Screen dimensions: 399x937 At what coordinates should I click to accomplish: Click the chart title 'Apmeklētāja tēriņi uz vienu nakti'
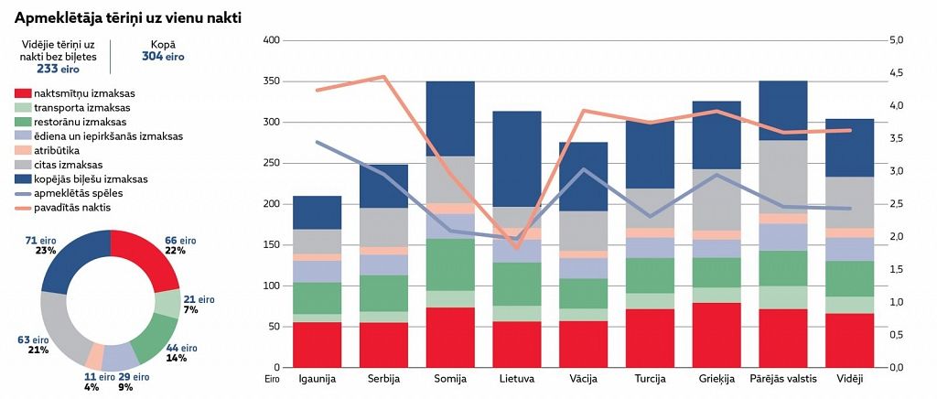(128, 17)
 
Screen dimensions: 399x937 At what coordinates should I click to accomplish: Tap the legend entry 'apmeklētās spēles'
(77, 193)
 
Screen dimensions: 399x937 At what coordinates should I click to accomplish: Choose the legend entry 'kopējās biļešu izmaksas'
(92, 179)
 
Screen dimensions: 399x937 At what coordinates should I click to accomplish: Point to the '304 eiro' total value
(163, 56)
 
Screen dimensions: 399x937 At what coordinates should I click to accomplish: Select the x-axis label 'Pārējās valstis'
(782, 378)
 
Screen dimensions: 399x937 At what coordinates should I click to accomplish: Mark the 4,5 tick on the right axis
(896, 73)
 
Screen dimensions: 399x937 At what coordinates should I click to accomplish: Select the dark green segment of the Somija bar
(450, 264)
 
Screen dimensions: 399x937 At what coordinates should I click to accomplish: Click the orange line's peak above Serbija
(384, 77)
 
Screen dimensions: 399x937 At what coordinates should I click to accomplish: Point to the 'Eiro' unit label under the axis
(271, 377)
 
